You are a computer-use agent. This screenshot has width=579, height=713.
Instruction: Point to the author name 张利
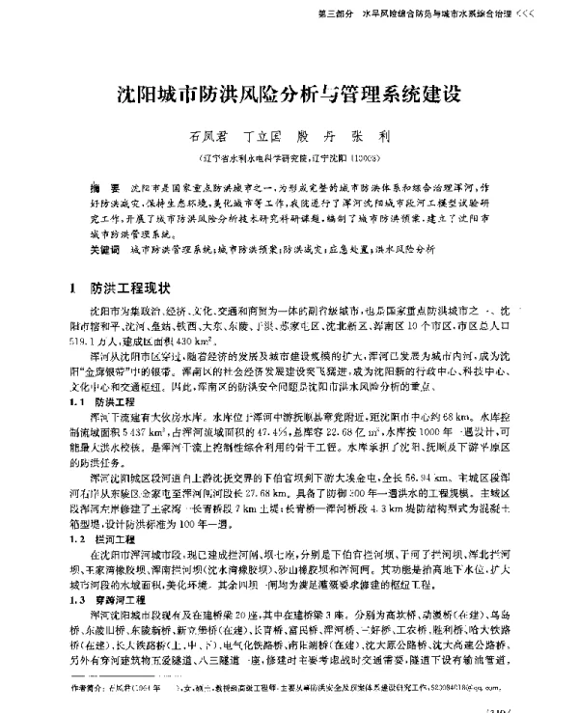pos(383,138)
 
